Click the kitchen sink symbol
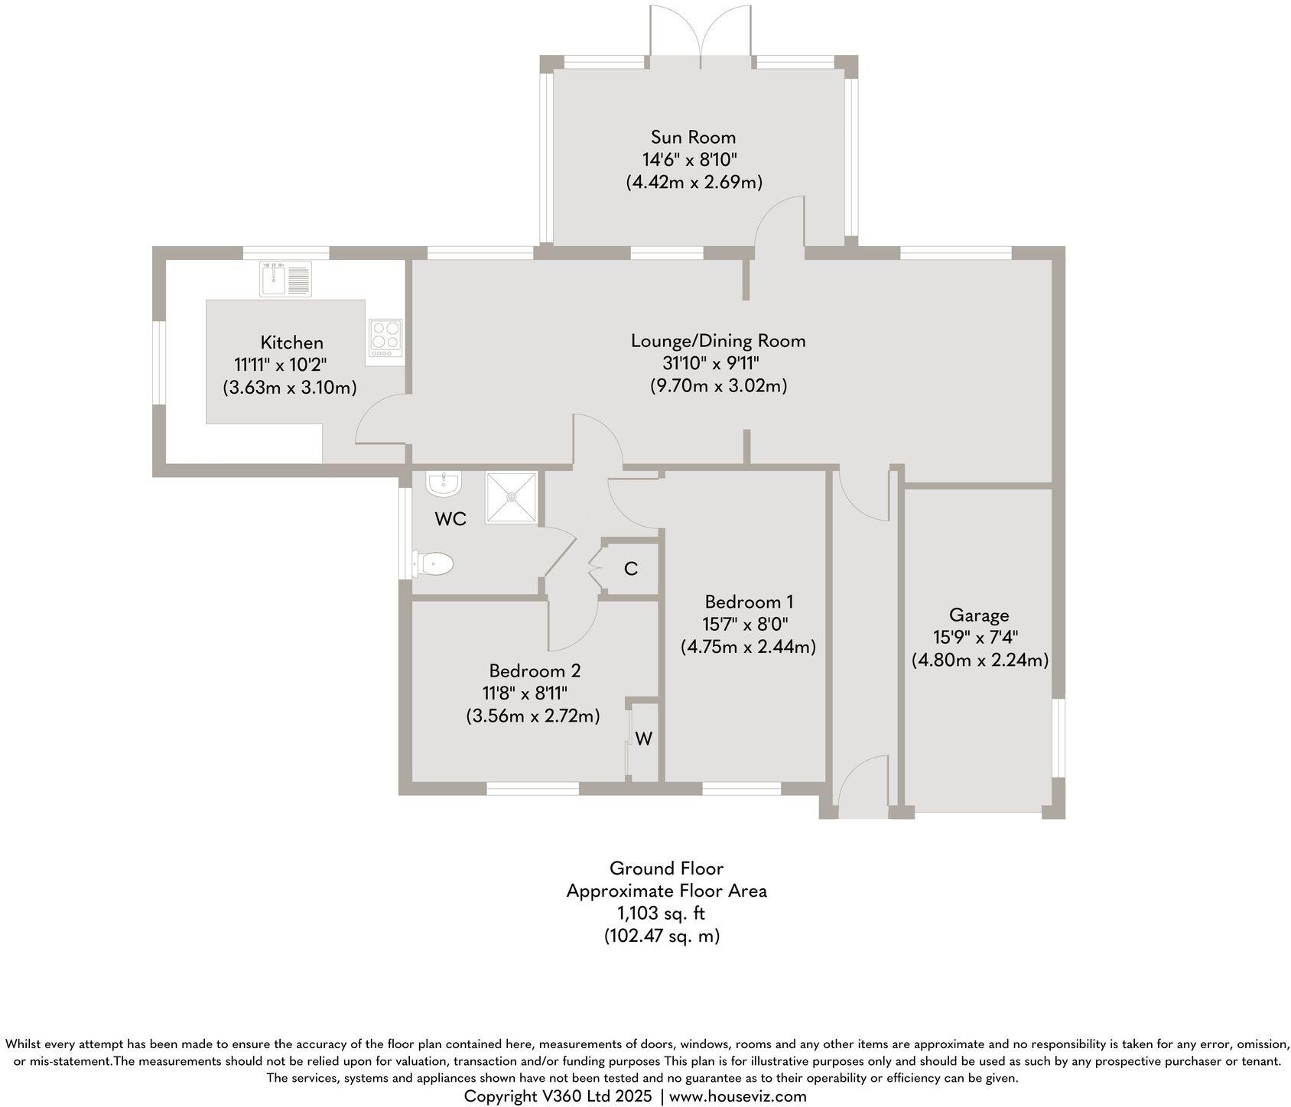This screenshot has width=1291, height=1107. [x=285, y=279]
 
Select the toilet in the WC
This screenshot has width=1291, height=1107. [x=434, y=565]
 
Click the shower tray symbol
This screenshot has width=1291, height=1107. [x=512, y=498]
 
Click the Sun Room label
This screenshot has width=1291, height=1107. [x=693, y=138]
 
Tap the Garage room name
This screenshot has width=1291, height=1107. [x=979, y=615]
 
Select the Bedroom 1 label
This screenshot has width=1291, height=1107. [x=749, y=601]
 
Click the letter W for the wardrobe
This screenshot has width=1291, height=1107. [x=644, y=739]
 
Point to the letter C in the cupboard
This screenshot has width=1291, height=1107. [x=631, y=569]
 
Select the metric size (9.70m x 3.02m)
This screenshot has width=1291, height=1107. [x=718, y=385]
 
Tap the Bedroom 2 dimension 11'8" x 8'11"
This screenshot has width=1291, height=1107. [x=525, y=693]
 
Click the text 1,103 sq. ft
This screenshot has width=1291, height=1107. [x=662, y=913]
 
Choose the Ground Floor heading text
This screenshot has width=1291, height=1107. [x=666, y=868]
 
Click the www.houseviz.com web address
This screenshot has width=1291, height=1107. [x=737, y=1096]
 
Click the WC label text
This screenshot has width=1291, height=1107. [x=450, y=519]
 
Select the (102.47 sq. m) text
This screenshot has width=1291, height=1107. [x=662, y=935]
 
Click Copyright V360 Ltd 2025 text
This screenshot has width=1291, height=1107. [x=558, y=1096]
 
